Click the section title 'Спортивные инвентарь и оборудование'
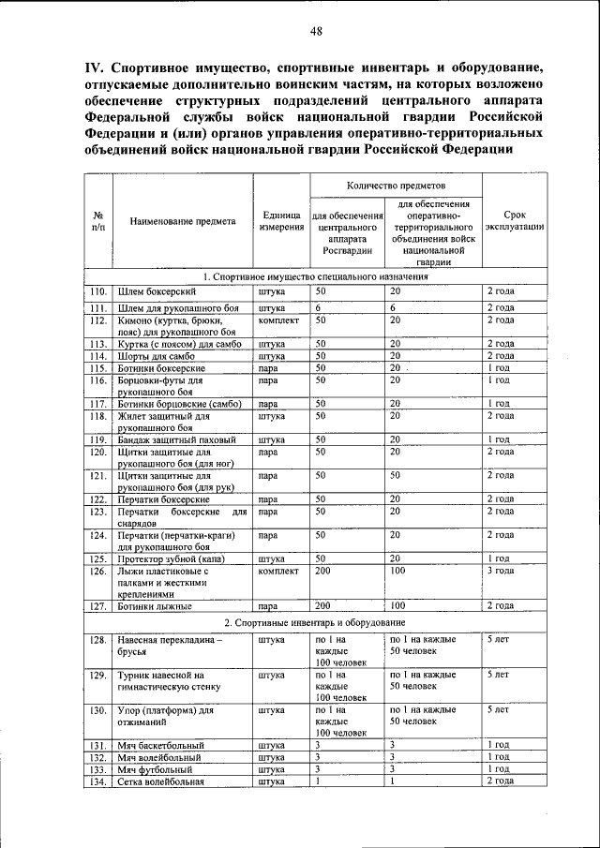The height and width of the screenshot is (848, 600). [x=314, y=622]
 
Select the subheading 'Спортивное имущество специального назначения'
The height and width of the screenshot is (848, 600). [x=314, y=277]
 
